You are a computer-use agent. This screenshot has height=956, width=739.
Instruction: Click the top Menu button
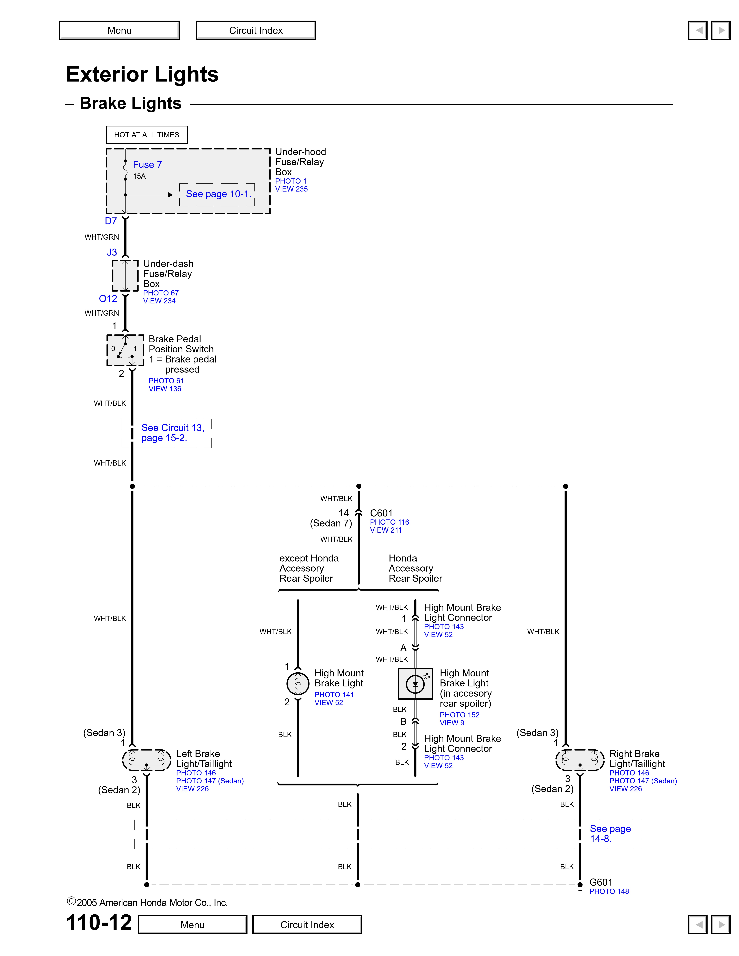click(x=120, y=30)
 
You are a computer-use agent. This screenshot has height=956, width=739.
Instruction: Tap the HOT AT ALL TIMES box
click(x=147, y=135)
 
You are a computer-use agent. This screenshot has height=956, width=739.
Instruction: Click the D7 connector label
click(x=111, y=221)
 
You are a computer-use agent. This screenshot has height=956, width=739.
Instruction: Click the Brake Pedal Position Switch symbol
click(x=125, y=350)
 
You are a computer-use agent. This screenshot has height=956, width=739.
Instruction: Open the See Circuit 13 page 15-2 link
click(x=172, y=433)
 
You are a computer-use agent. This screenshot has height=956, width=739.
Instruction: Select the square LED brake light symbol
click(x=415, y=684)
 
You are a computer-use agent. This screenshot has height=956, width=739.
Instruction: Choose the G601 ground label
click(x=601, y=882)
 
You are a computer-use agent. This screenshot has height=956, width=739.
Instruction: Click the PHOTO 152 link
click(x=459, y=715)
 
